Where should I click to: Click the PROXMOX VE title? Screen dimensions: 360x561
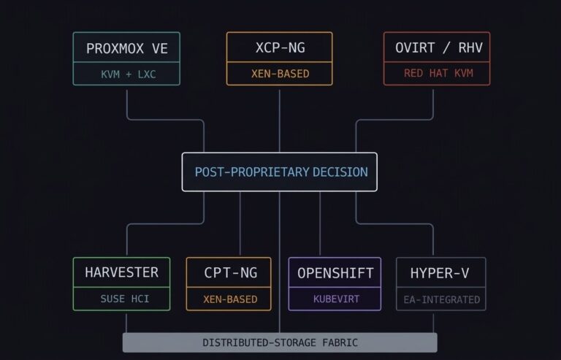point(126,49)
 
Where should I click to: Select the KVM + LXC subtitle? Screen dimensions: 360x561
point(126,74)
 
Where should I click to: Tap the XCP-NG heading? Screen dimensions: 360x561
point(280,48)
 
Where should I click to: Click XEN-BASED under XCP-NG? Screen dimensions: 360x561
point(280,74)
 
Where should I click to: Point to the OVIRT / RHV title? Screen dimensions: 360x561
point(437,48)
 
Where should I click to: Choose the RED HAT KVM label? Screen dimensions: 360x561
point(437,74)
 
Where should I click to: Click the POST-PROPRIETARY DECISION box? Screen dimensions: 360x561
point(280,172)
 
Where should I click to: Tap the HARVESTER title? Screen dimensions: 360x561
point(121,273)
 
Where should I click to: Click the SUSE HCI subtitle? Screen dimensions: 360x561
point(121,299)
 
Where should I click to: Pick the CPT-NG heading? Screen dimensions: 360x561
point(229,274)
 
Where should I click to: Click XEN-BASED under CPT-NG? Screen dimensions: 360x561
point(229,299)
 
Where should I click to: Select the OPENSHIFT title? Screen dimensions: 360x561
point(335,274)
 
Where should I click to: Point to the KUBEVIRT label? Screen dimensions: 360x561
point(335,299)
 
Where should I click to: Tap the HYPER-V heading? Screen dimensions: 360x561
point(440,274)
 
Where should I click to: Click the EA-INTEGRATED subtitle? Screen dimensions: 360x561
point(440,299)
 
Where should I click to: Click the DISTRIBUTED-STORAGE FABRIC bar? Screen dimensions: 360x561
point(280,342)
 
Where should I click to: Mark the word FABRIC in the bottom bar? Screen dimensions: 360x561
point(338,342)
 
